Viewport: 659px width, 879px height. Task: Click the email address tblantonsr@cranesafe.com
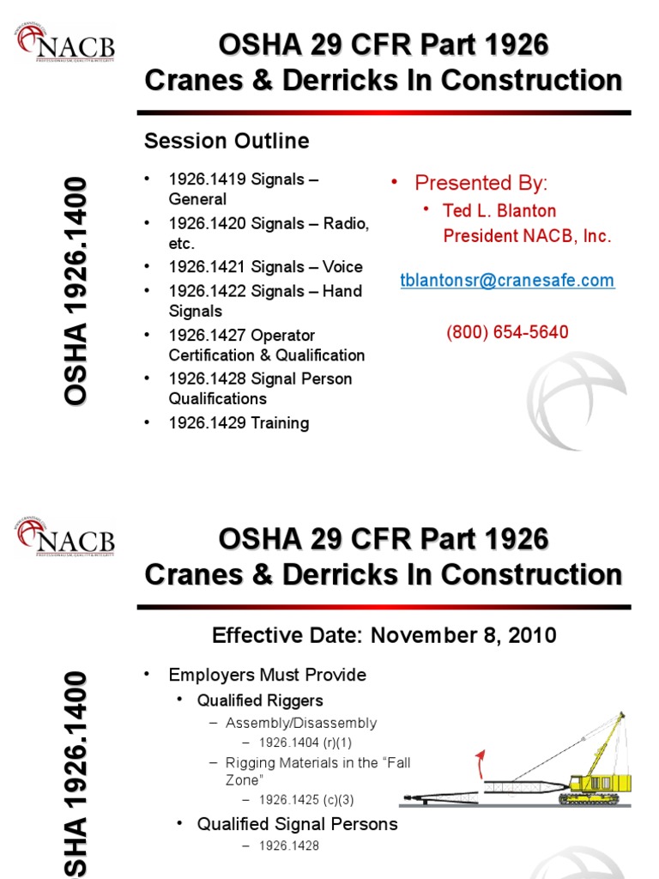508,281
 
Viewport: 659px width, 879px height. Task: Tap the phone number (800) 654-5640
507,332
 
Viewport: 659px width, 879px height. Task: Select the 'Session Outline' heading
227,141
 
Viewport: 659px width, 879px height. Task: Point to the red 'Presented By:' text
481,183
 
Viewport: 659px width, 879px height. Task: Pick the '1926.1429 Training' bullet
239,423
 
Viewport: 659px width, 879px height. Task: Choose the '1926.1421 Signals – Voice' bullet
265,267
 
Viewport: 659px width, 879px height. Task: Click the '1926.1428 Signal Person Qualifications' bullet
260,389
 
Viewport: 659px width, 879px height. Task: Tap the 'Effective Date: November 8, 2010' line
384,636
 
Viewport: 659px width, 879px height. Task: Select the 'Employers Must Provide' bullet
267,675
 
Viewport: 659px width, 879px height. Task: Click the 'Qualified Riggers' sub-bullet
260,700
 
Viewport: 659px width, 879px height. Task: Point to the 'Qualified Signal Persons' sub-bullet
298,824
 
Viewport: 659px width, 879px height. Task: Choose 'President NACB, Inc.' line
527,237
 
